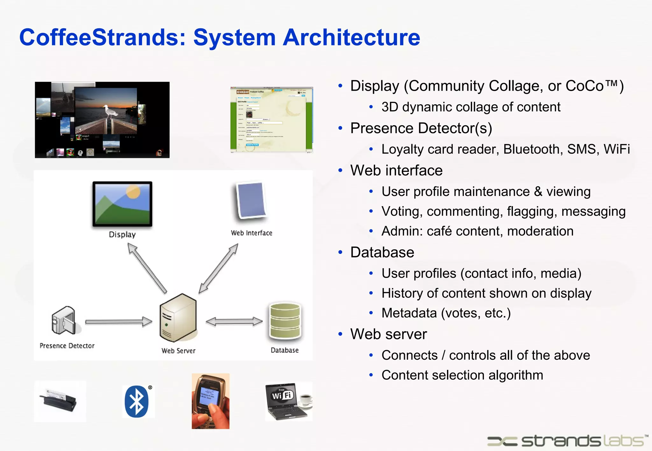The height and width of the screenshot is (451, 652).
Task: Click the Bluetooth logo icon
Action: click(137, 401)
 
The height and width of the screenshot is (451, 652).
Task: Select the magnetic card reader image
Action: click(60, 401)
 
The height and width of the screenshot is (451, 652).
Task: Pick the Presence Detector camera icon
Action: click(64, 321)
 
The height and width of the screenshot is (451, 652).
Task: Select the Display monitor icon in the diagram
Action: click(122, 204)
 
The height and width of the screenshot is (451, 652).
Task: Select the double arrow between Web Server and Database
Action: click(234, 322)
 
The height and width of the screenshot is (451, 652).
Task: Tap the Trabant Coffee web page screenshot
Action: click(272, 120)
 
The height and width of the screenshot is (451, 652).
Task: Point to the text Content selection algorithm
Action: click(462, 375)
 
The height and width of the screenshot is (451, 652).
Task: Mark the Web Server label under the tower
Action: click(178, 351)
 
